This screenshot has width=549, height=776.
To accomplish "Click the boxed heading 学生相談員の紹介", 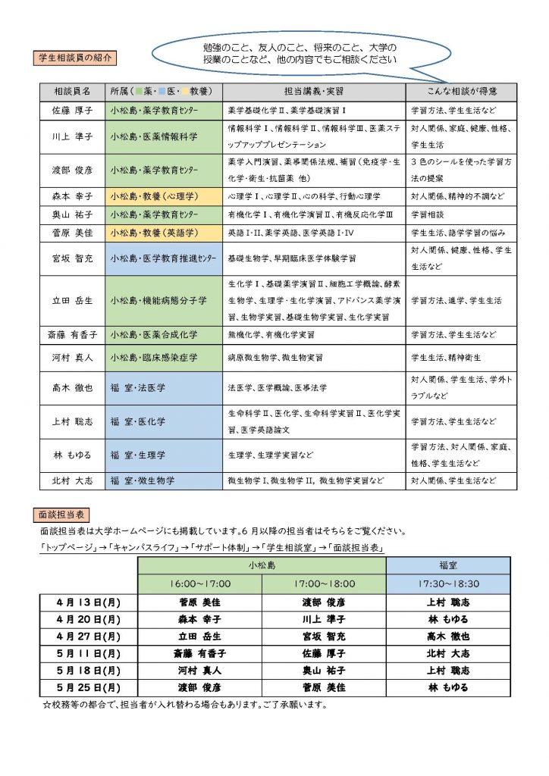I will (77, 57).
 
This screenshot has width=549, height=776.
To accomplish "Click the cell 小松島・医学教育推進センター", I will (163, 258).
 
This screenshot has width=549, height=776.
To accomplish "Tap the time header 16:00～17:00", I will (199, 584).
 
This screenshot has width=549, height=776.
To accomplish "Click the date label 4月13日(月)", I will (89, 603).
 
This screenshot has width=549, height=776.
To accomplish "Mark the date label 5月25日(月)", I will (89, 687).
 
